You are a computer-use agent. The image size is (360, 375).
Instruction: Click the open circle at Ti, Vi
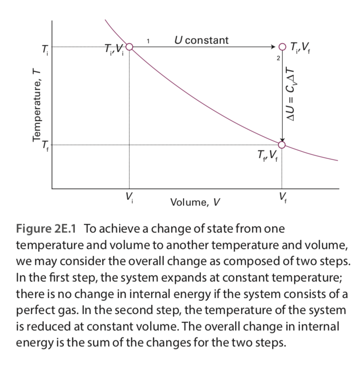(x=129, y=47)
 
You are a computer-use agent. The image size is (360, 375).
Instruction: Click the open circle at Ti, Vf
(x=282, y=47)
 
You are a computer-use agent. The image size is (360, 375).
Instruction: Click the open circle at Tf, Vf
(x=282, y=145)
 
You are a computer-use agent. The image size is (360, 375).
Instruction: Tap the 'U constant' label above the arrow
(x=201, y=40)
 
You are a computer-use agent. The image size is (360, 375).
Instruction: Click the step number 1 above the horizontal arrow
(x=148, y=42)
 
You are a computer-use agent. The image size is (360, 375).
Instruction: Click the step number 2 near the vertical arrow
(x=277, y=59)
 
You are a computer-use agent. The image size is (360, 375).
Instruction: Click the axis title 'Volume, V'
(x=195, y=202)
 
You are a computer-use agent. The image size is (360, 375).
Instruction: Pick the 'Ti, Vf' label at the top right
(x=302, y=47)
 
